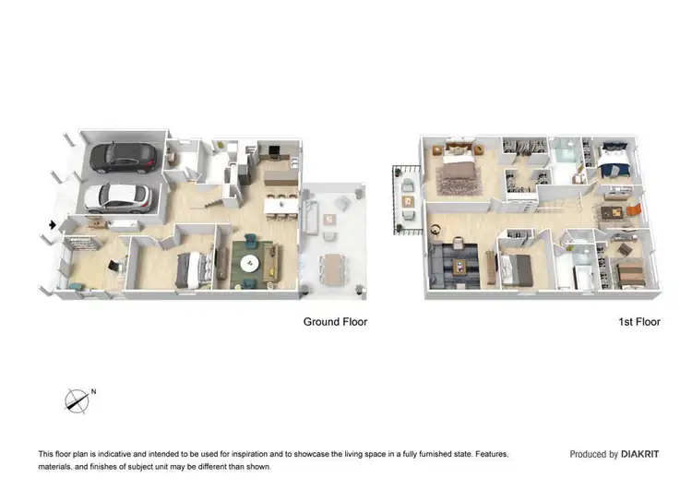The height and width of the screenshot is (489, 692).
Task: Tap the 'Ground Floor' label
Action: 336,322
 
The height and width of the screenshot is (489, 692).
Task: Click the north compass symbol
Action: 77,400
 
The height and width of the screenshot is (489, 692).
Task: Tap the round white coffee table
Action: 248,262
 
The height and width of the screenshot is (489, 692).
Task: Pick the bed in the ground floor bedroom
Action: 193,268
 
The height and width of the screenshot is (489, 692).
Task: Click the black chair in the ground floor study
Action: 113,265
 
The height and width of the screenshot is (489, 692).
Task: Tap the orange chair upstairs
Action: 633,210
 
